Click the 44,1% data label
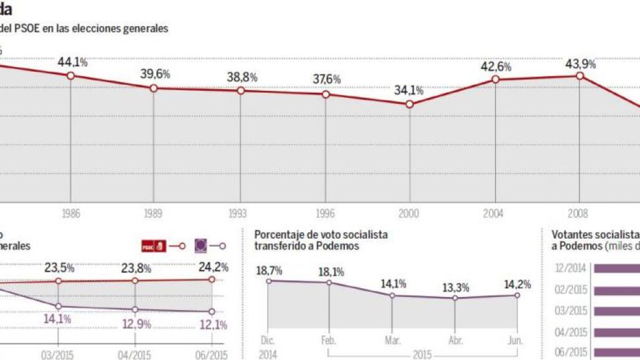tap(73, 62)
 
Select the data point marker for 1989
tap(154, 88)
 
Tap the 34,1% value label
tap(408, 90)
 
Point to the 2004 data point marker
tap(496, 80)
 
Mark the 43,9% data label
tap(580, 64)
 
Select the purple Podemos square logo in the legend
tap(202, 247)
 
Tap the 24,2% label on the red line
tap(214, 267)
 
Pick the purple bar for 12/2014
tap(616, 269)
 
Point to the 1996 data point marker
tap(327, 94)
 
